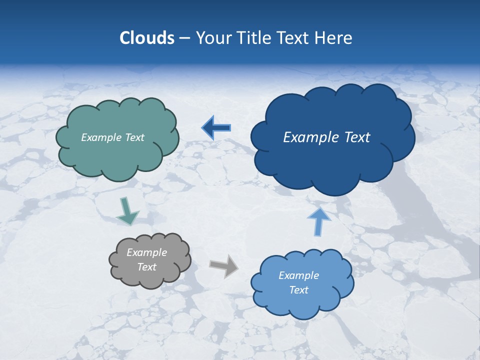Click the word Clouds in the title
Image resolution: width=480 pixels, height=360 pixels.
146,38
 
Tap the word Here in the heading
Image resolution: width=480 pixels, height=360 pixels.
333,38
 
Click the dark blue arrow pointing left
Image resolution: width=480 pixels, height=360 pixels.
216,128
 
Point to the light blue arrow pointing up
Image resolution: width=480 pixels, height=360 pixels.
318,221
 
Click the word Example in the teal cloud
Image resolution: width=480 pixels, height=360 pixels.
100,137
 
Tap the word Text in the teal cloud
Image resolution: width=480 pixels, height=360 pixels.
133,137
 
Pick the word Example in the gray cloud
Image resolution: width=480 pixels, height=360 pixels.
146,252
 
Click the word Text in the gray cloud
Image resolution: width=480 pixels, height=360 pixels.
146,267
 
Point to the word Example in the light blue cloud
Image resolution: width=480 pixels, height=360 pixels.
298,275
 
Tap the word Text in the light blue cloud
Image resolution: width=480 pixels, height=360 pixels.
298,290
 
